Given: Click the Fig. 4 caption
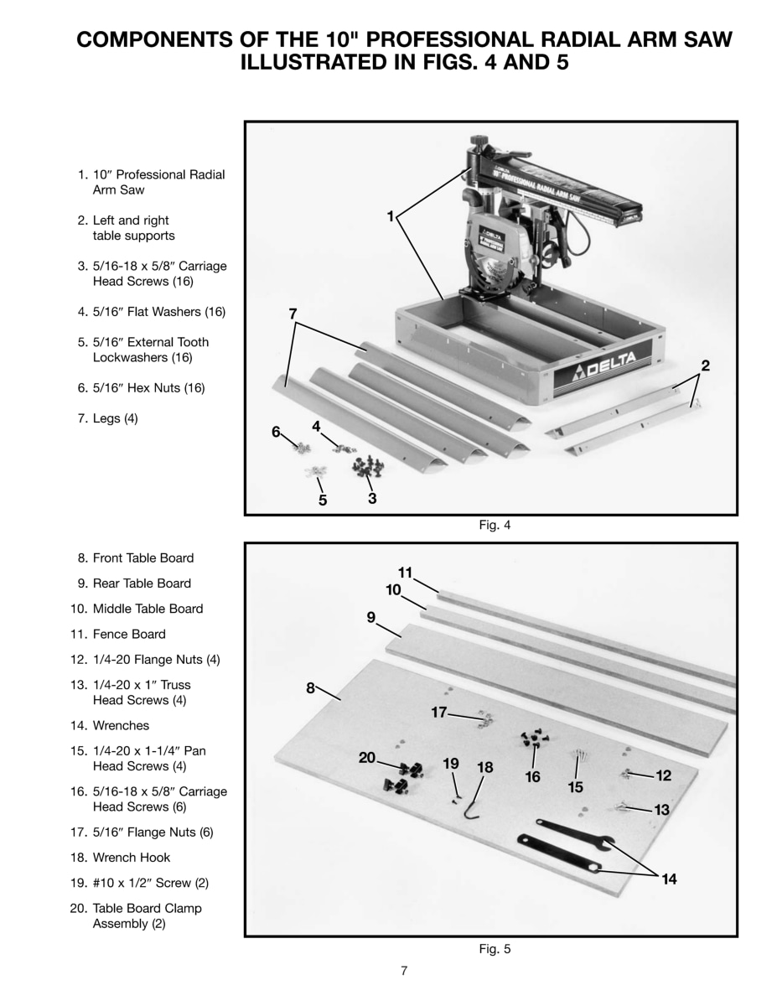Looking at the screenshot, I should pyautogui.click(x=494, y=526).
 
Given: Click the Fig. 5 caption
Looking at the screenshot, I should pyautogui.click(x=494, y=949).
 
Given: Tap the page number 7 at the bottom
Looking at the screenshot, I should pyautogui.click(x=404, y=972).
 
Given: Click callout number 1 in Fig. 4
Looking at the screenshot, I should pyautogui.click(x=390, y=216).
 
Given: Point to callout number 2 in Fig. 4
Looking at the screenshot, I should pyautogui.click(x=705, y=366).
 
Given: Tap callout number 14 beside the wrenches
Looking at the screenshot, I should pyautogui.click(x=668, y=879).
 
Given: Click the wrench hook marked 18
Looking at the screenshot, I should pyautogui.click(x=476, y=806).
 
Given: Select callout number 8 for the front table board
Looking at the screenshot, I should pyautogui.click(x=310, y=688).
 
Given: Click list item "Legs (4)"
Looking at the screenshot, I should pyautogui.click(x=115, y=418).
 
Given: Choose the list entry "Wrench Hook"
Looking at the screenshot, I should pyautogui.click(x=131, y=858).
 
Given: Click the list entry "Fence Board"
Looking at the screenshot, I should pyautogui.click(x=128, y=634).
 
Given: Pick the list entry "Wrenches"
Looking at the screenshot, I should pyautogui.click(x=121, y=725).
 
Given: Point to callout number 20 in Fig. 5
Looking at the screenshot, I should pyautogui.click(x=366, y=758).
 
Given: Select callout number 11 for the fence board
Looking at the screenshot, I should pyautogui.click(x=405, y=573).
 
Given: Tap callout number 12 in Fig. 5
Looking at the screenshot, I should pyautogui.click(x=663, y=775).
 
